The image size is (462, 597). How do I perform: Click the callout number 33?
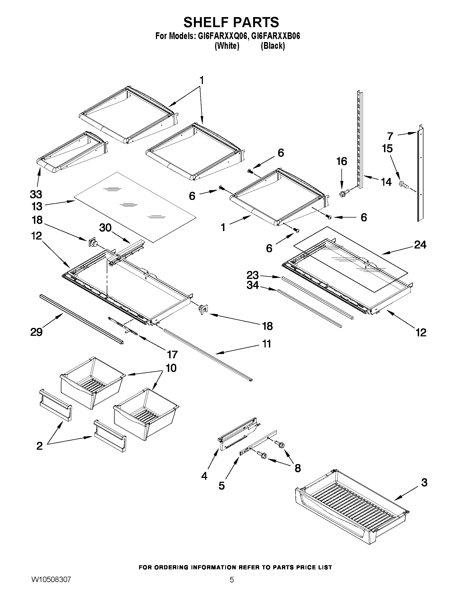point(36,194)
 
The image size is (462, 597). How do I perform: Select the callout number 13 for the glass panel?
point(37,206)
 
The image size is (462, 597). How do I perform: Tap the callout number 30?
point(105,227)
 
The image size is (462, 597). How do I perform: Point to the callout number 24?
point(420,244)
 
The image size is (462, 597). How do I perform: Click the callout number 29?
point(36,332)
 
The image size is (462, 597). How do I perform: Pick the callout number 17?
point(172,355)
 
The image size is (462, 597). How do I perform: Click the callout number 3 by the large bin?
point(424,483)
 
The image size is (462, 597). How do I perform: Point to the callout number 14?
point(386,182)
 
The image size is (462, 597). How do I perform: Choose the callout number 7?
point(390,136)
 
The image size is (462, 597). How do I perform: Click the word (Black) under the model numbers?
point(273,46)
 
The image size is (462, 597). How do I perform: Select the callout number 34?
point(253,285)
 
